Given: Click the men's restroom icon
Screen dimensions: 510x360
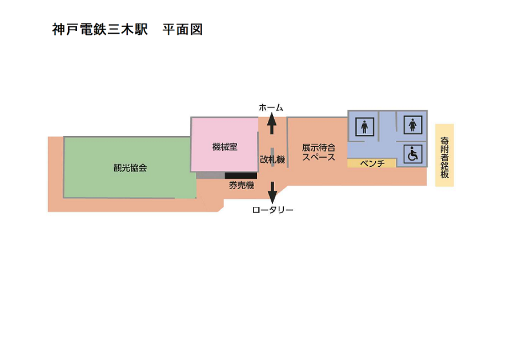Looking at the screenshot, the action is coord(364,127).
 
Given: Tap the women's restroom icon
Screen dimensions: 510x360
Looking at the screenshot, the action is coord(413,125).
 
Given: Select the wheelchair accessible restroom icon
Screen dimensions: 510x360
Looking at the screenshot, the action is coord(413,154).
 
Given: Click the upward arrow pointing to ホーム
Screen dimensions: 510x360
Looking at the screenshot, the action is coord(272,123).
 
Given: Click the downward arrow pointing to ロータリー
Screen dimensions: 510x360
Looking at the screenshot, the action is coord(272,193).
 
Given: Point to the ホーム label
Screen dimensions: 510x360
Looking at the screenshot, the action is coord(271,107).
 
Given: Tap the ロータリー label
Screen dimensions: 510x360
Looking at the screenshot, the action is coord(272,210).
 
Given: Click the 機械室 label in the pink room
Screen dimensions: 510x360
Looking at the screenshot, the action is coord(225,147).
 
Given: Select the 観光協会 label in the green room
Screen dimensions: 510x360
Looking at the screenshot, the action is coord(130,167).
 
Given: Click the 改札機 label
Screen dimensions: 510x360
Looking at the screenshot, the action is coord(272,159).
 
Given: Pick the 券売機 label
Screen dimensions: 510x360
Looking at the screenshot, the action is coord(242,185).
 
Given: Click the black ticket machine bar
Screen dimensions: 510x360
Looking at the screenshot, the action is coord(241,176).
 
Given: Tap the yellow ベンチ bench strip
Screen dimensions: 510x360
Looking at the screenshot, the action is coord(372,163).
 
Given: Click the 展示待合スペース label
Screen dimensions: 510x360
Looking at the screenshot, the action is coord(319,153).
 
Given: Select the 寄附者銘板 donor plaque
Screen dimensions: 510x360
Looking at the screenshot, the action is coord(445,155).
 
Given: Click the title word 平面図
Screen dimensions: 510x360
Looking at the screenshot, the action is coord(183,30).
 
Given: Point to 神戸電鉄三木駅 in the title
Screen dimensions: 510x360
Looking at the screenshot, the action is coord(100,30).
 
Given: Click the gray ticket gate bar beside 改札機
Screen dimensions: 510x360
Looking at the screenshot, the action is coord(272,157).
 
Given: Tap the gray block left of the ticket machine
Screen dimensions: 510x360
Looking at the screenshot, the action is coord(210,175).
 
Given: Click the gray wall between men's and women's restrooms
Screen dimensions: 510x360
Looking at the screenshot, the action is coord(379,126).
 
